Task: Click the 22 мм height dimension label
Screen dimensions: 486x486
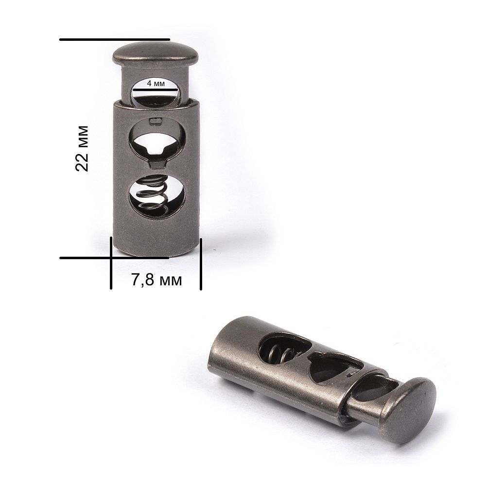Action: (82, 148)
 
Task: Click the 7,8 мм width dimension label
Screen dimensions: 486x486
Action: (156, 280)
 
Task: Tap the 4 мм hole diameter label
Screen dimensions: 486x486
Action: (156, 84)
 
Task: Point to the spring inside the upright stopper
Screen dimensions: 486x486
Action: (153, 195)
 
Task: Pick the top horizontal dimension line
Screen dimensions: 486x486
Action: (115, 40)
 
